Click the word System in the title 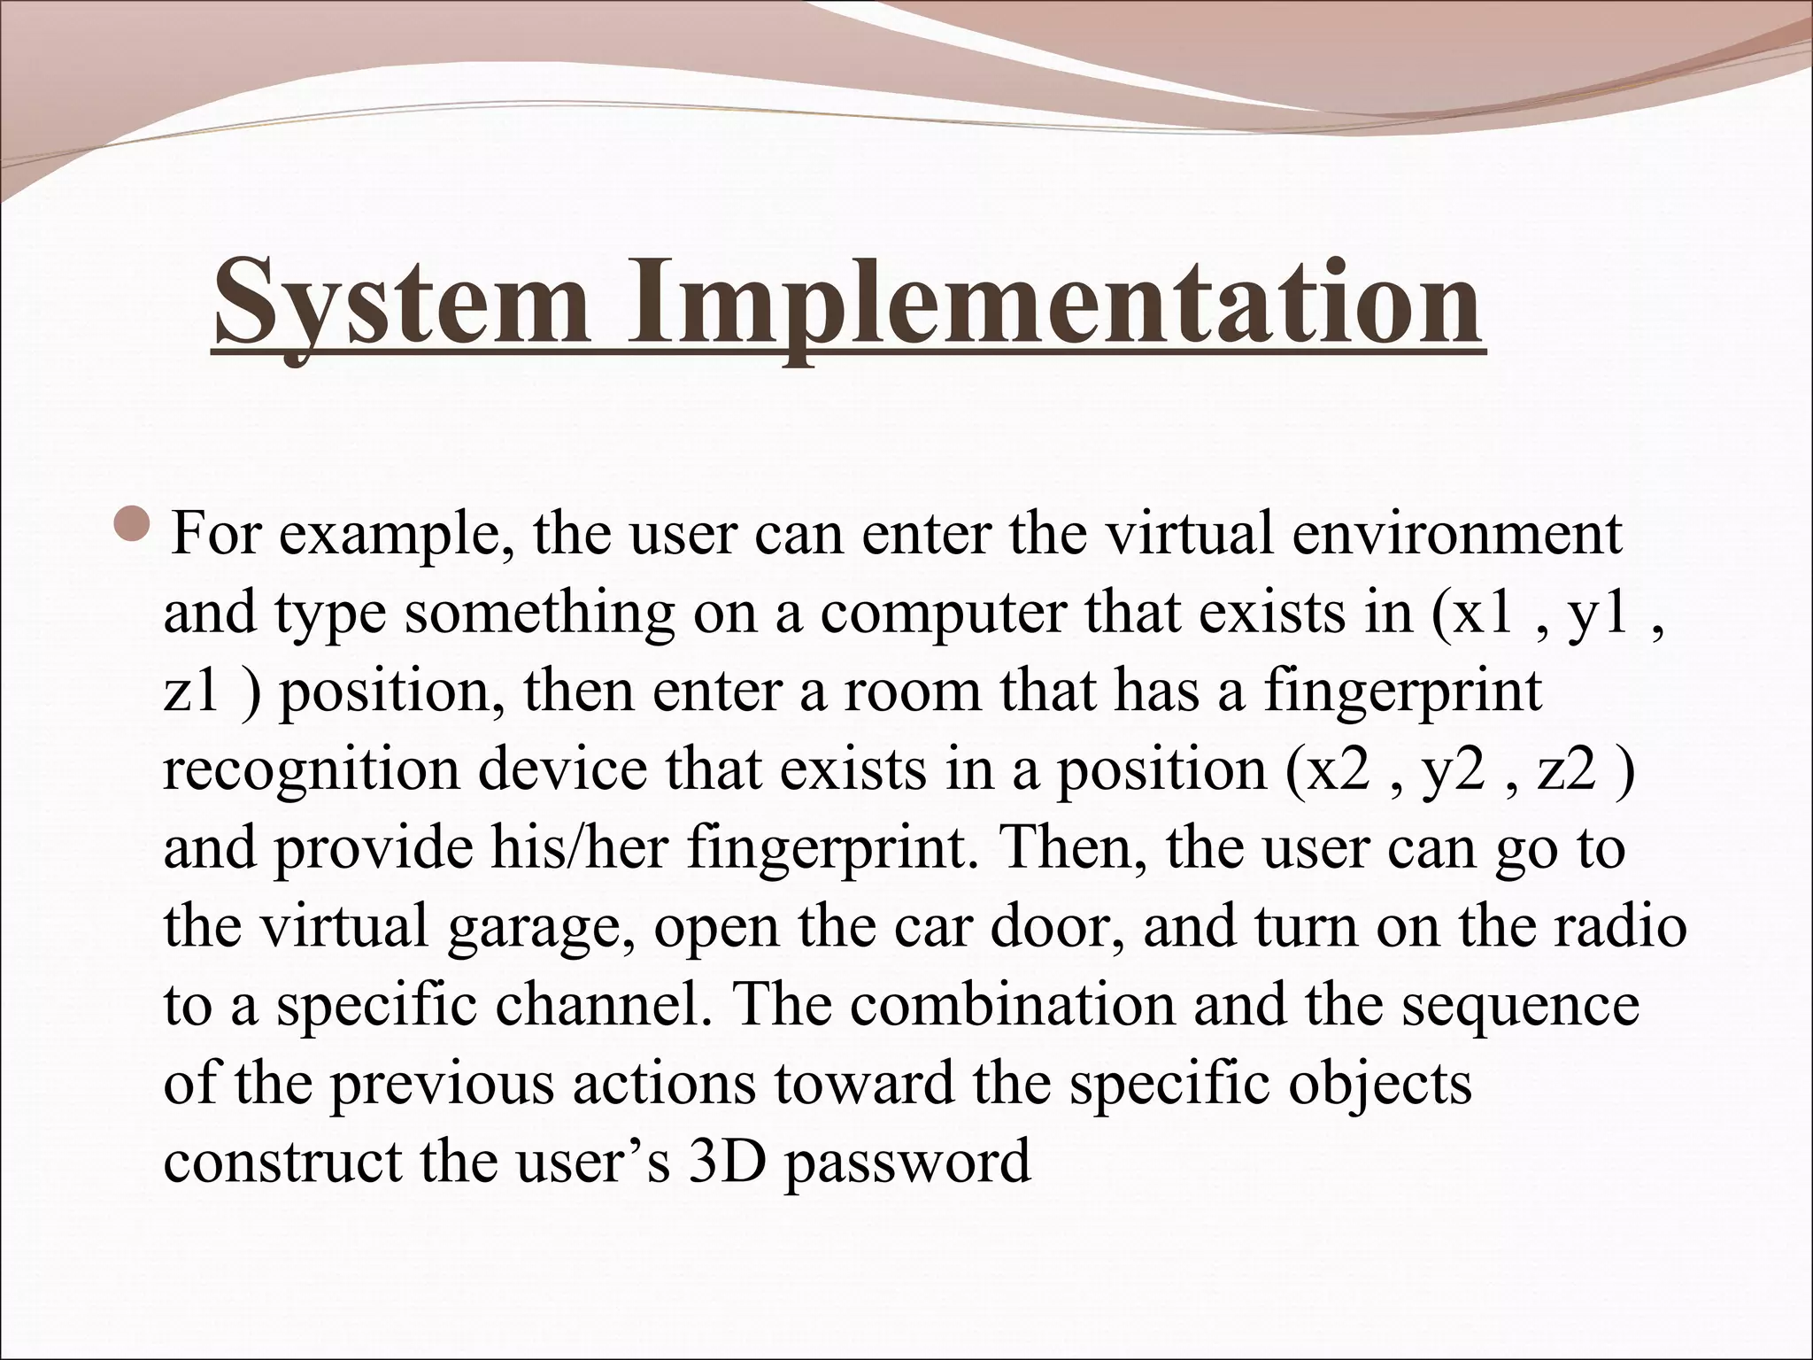click(402, 303)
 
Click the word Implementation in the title click(1053, 303)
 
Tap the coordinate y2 click(1452, 769)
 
